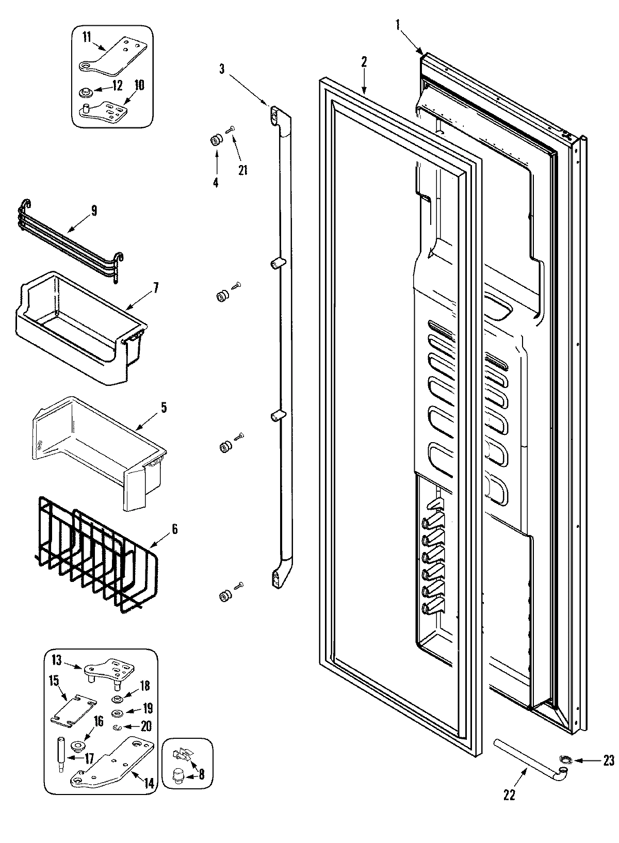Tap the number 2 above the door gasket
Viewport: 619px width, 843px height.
click(x=364, y=62)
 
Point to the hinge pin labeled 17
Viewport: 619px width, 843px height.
click(x=61, y=756)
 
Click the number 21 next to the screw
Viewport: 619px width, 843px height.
click(x=242, y=169)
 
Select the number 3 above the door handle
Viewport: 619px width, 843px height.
click(x=221, y=69)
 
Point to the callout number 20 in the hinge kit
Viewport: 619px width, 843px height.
click(x=146, y=726)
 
